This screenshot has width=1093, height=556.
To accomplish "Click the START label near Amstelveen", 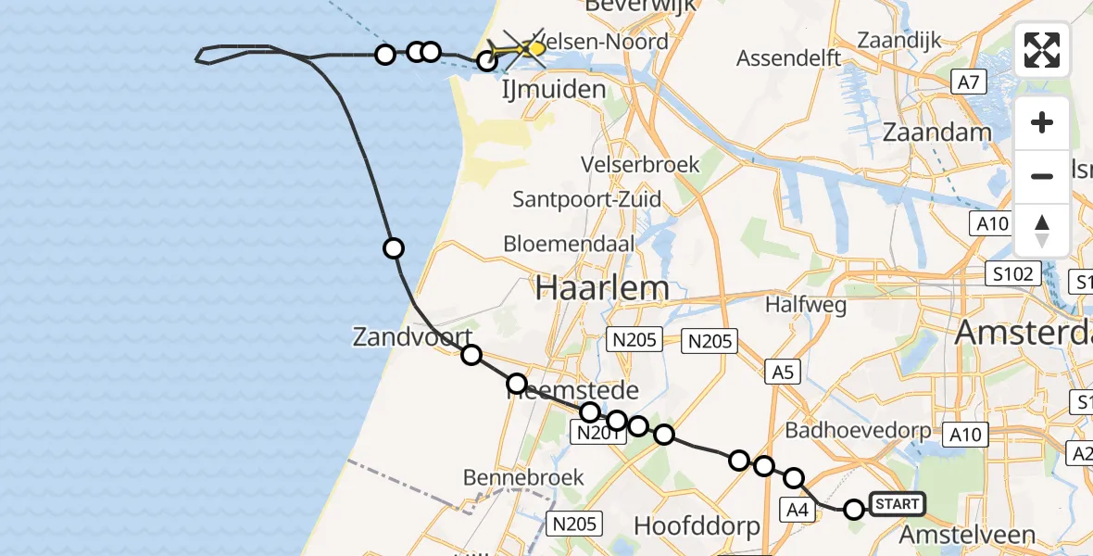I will point(897,505).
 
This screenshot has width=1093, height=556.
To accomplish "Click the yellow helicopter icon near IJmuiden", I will point(524,47).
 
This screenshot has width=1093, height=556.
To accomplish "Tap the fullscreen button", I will point(1042,50).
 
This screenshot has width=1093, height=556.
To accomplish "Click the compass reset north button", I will point(1042,231).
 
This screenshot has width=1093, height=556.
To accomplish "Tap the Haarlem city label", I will point(602,288).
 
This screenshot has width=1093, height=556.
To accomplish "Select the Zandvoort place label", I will point(412,337).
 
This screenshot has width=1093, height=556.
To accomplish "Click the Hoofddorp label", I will point(697,526).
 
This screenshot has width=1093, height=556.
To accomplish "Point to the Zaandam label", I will point(936,132).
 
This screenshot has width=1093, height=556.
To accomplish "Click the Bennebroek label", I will point(523,477).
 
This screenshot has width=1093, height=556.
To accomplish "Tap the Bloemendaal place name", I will point(569,244).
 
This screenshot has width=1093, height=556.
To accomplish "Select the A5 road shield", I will point(782,373).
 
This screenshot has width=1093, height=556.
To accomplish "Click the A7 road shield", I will point(968,83).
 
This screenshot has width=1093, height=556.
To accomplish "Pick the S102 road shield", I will point(1011,274).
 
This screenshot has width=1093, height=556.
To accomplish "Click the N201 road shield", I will point(597,432).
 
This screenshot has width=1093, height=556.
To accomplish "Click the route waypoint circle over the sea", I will point(394,247).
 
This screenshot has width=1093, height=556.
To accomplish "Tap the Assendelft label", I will point(788,59).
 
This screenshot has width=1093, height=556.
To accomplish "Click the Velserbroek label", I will point(640,164).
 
